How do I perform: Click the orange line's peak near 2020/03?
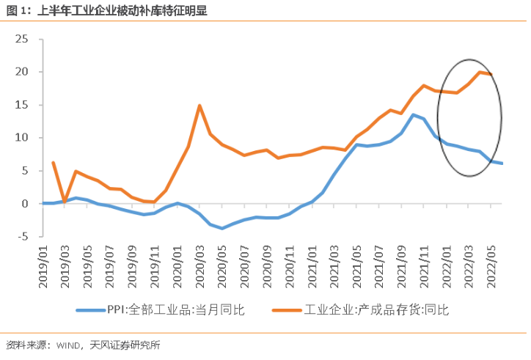[199, 106]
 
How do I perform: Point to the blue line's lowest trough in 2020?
[221, 228]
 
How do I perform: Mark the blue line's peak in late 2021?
[413, 114]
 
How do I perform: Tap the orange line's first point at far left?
[53, 163]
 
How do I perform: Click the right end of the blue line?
[502, 164]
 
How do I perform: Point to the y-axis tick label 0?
[25, 203]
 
